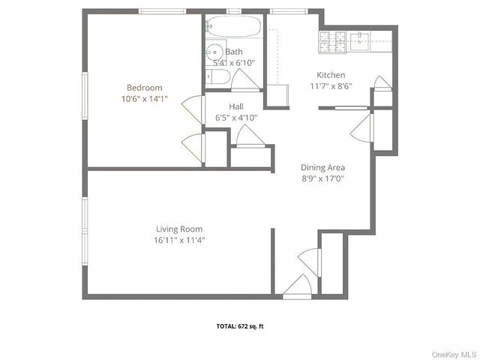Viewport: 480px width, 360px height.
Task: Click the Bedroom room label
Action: pyautogui.click(x=140, y=87)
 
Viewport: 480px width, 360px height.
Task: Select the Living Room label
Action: pyautogui.click(x=179, y=229)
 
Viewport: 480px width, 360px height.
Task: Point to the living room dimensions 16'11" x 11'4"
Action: pyautogui.click(x=179, y=240)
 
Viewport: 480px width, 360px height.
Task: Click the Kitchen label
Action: pyautogui.click(x=331, y=75)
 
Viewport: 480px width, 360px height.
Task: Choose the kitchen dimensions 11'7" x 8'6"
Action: pyautogui.click(x=331, y=86)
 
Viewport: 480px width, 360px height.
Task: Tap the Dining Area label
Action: pyautogui.click(x=322, y=167)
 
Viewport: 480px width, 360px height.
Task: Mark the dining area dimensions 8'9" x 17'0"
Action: pyautogui.click(x=322, y=178)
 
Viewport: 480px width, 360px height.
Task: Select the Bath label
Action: pyautogui.click(x=234, y=52)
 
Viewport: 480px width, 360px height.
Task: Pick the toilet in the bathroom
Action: pyautogui.click(x=217, y=77)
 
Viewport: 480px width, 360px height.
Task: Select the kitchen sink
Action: pyautogui.click(x=361, y=41)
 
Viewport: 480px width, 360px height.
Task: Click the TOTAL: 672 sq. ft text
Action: pyautogui.click(x=241, y=326)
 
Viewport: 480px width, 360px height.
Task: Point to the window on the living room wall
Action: pyautogui.click(x=85, y=225)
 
